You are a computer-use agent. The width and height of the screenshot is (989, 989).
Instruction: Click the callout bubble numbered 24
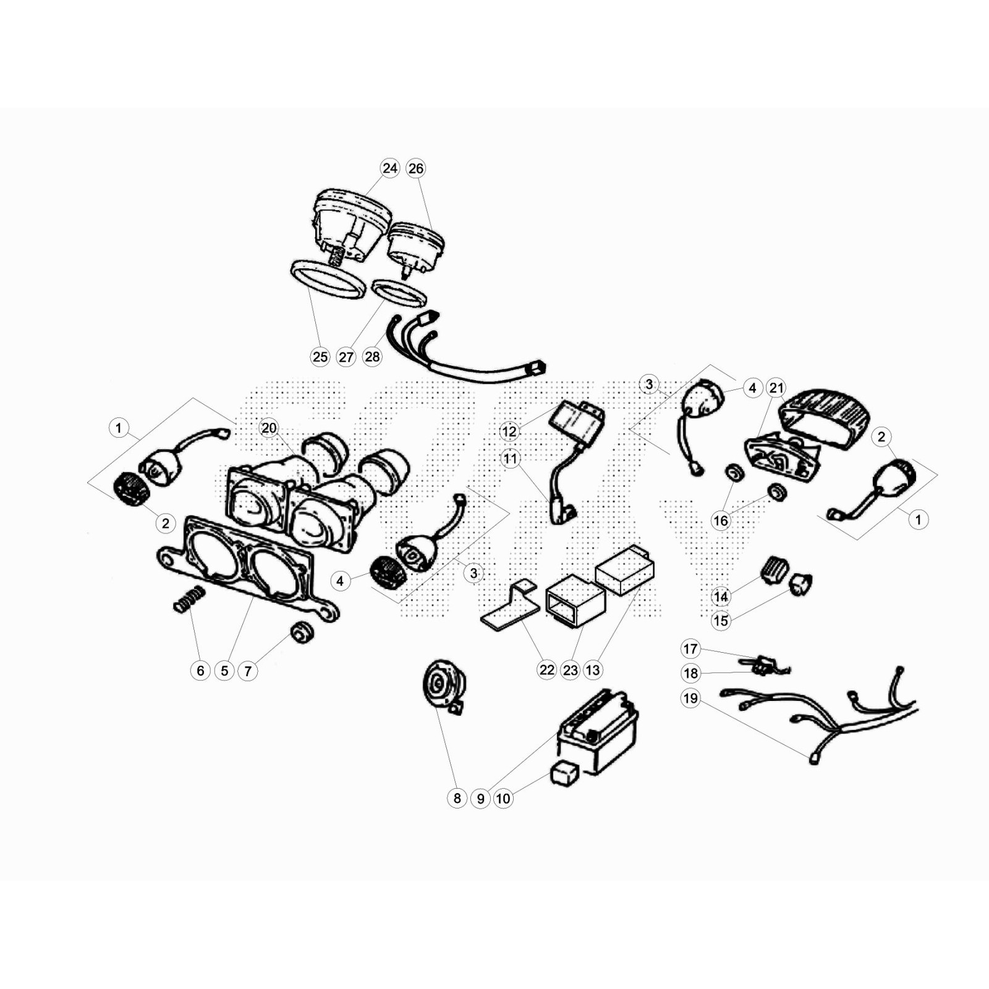tap(389, 168)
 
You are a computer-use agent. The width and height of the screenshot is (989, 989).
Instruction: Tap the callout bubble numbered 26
tap(416, 168)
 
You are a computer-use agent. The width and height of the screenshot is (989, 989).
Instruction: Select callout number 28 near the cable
tap(372, 357)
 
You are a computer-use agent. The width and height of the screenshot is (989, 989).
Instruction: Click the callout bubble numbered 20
tap(269, 428)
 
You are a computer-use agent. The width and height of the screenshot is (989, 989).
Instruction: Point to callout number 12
tap(509, 431)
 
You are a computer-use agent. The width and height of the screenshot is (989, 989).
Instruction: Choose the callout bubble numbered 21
tap(776, 388)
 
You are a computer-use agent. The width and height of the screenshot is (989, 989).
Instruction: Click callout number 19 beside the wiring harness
tap(690, 698)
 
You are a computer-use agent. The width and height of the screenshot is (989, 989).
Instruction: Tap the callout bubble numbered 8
tap(457, 798)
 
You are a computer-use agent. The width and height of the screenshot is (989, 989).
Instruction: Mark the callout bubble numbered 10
tap(503, 798)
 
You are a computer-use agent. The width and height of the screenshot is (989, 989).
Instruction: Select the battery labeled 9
tap(598, 731)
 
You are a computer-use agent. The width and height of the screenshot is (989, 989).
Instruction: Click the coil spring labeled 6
tap(189, 599)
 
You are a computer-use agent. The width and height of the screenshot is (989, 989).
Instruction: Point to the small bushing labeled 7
tap(302, 633)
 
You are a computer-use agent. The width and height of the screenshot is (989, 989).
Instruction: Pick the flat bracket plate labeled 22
tap(511, 605)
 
